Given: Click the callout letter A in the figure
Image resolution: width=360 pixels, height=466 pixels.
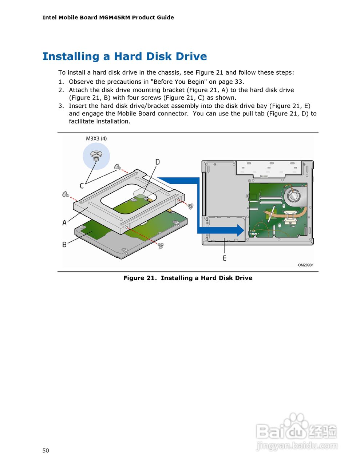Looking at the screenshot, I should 64,222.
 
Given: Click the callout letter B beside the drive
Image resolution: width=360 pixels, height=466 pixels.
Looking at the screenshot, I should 64,244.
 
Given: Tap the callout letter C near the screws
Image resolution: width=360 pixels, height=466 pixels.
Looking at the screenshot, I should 82,186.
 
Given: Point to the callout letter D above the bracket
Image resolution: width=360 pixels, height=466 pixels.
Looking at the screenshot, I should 158,162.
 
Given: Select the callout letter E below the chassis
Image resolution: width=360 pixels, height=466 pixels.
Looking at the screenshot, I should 224,258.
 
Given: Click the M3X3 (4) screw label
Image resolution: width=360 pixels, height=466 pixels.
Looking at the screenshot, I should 96,138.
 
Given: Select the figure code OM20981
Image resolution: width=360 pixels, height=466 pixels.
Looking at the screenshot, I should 305,265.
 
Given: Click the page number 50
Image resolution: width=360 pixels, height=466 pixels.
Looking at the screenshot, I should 46,450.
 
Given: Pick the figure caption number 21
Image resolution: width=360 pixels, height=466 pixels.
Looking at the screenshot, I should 151,278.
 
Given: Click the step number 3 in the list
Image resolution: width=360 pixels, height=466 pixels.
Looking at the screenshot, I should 61,106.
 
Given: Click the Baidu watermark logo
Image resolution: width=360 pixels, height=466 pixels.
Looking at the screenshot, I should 297,431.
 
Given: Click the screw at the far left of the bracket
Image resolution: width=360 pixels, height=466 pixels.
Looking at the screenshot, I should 66,194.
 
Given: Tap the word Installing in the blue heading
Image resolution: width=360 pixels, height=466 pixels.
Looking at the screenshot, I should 71,56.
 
